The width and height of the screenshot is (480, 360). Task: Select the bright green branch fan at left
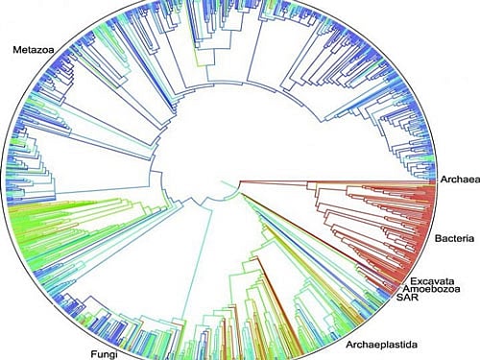coord(67,230)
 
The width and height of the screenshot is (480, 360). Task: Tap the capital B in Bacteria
coord(438,234)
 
